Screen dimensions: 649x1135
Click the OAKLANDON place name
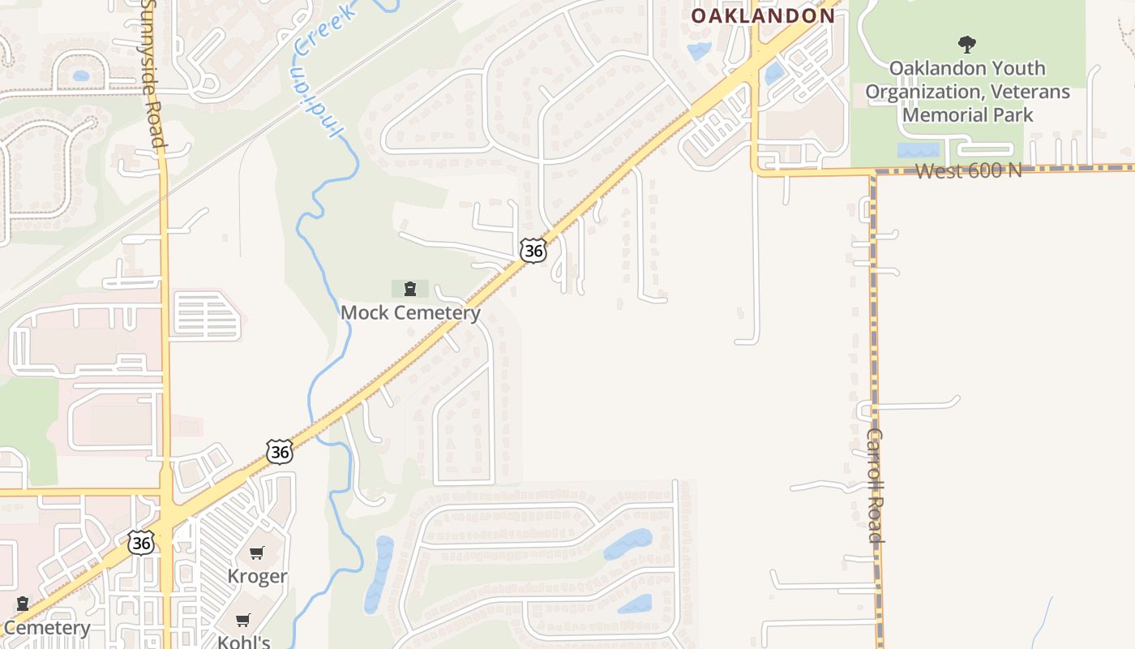point(763,15)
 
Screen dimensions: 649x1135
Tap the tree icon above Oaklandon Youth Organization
point(966,44)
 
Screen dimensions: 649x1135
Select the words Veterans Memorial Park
point(967,103)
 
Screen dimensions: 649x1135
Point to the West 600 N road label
point(968,170)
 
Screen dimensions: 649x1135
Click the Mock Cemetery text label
point(410,312)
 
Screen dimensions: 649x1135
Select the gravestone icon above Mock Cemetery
point(410,288)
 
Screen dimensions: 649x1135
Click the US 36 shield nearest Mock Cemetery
point(533,251)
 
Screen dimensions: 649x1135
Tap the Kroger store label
point(257,576)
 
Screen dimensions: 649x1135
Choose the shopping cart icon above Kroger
point(257,553)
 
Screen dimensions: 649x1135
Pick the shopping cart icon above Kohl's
point(243,621)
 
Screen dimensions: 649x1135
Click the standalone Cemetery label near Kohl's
point(46,627)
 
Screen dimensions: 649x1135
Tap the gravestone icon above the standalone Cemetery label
point(23,604)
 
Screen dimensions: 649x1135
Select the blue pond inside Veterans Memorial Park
point(918,150)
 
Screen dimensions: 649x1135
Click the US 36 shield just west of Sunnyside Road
point(141,542)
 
